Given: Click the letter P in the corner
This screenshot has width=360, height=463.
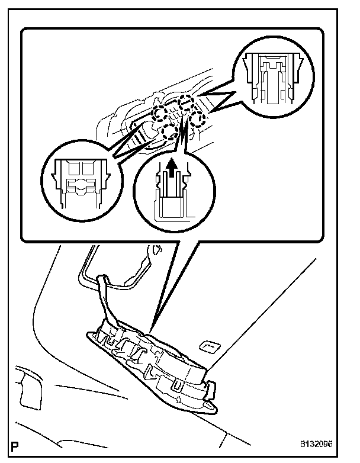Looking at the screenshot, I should coord(14,445).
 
